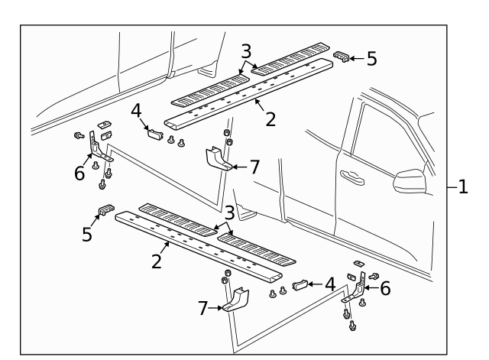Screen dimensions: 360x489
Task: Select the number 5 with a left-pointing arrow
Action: (x=371, y=58)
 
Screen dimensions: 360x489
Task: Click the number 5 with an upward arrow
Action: (x=88, y=234)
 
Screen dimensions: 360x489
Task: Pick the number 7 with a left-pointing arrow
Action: (x=255, y=166)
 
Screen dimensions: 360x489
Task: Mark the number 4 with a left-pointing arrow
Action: (x=329, y=283)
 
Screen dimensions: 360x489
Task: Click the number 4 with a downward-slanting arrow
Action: (x=136, y=112)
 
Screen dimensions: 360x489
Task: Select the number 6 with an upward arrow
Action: (x=79, y=174)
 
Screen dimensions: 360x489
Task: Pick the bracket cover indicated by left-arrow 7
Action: (x=217, y=159)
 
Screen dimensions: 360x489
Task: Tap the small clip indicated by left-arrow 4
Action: (x=300, y=285)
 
